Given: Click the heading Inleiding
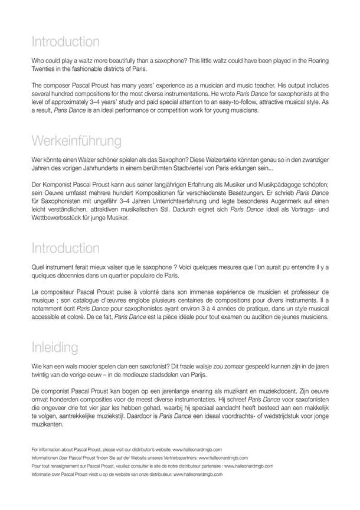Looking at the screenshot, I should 57,346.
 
